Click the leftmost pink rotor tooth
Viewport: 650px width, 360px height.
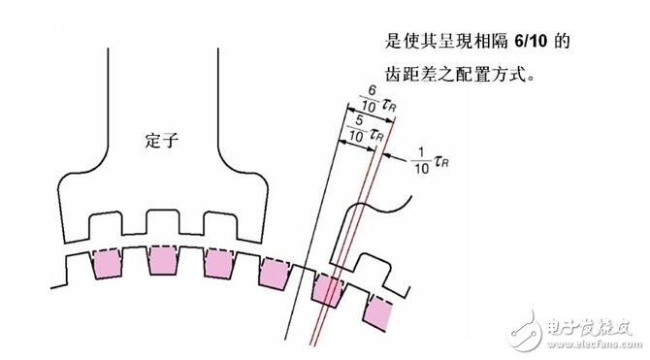pyautogui.click(x=104, y=263)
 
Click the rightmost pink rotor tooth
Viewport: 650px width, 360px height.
pyautogui.click(x=379, y=311)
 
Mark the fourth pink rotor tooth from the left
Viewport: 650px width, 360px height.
pyautogui.click(x=275, y=275)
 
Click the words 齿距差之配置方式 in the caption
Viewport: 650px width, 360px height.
pyautogui.click(x=454, y=74)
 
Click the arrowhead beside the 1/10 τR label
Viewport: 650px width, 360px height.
pyautogui.click(x=389, y=153)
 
